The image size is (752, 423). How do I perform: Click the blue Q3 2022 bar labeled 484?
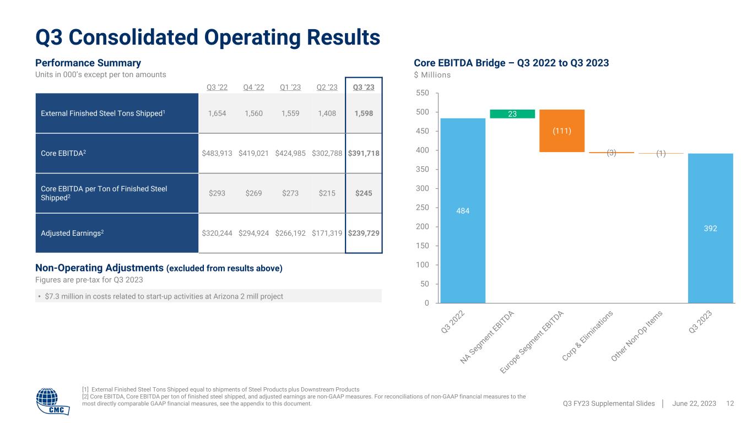[x=463, y=210]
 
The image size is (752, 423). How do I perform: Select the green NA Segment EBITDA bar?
[x=512, y=114]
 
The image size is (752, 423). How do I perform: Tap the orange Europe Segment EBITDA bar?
[x=562, y=131]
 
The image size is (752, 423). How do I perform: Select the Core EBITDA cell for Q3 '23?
[x=364, y=153]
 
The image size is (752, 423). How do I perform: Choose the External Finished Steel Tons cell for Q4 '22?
[x=254, y=113]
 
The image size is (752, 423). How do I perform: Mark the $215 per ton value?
[x=327, y=193]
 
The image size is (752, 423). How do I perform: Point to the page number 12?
[x=731, y=404]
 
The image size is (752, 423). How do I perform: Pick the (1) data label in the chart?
[x=661, y=154]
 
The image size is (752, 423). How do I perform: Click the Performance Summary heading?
[x=88, y=63]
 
